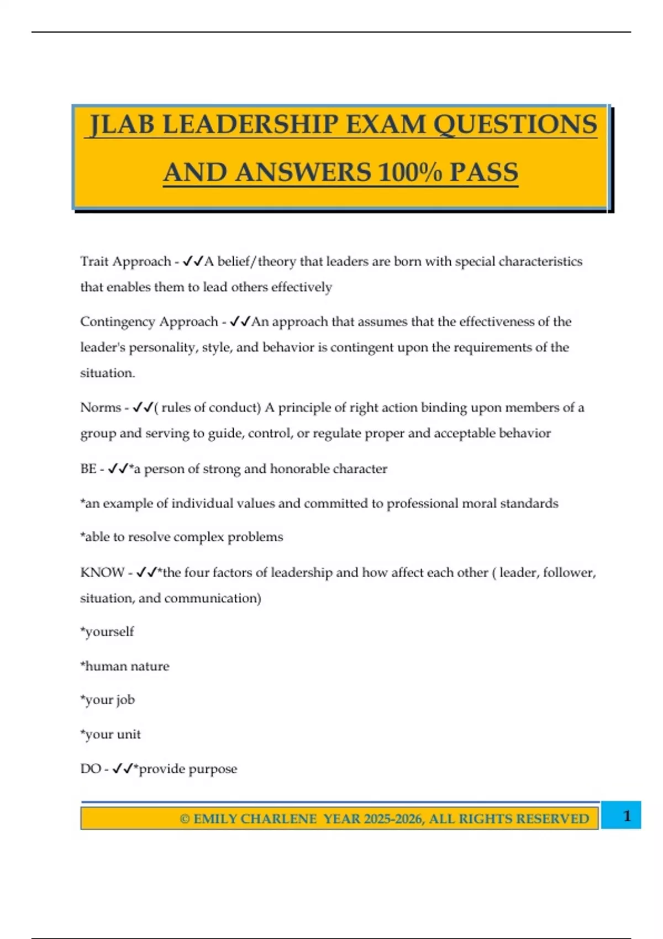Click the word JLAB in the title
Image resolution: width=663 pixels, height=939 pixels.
(123, 124)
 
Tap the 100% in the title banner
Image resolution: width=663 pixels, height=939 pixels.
(410, 172)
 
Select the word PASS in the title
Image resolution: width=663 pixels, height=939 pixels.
(483, 172)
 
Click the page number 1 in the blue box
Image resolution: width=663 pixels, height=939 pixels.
(627, 816)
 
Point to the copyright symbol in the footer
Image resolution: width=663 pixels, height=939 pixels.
(185, 819)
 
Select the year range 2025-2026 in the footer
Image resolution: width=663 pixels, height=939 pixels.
(392, 819)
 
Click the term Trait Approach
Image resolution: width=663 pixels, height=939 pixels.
(125, 261)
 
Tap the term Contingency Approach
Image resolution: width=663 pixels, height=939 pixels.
(149, 321)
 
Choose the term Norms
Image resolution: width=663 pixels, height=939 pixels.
(101, 408)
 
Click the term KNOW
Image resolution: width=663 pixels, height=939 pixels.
(102, 572)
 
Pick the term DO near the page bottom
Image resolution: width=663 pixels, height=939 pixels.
(91, 769)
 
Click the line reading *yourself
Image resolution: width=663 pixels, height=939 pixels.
(107, 631)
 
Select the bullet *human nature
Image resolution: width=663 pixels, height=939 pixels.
(125, 666)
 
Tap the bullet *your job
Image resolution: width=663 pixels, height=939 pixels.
(108, 700)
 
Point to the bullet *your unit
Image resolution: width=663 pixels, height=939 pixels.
(110, 734)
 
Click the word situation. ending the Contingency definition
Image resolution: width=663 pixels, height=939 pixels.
(108, 373)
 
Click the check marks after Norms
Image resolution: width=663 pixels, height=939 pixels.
(143, 408)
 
